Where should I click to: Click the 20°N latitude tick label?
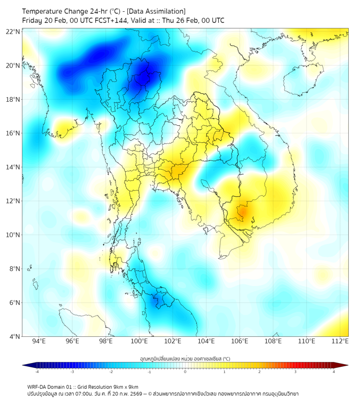13,66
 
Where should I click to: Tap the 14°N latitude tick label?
13,167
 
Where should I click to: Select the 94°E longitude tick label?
39,341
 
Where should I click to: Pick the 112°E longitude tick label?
340,341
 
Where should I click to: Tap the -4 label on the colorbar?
37,372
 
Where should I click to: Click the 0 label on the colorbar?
185,372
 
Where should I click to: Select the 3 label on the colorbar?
296,372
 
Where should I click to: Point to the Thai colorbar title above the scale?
185,358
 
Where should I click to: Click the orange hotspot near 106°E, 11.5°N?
242,212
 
